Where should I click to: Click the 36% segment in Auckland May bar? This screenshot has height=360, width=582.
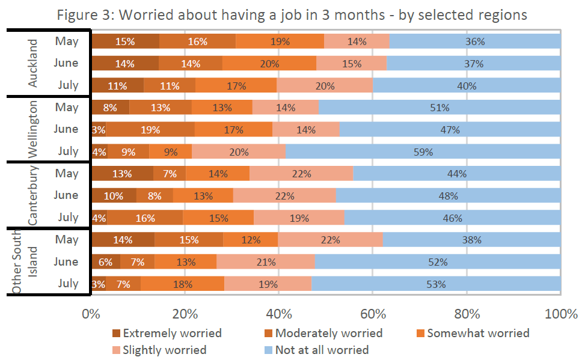tap(475, 41)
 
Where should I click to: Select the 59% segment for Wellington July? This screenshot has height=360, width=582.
tap(423, 152)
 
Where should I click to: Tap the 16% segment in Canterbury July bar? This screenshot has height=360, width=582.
tap(145, 218)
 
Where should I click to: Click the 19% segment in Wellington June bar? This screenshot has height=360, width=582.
tap(150, 130)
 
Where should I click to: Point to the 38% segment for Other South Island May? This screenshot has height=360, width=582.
tap(472, 240)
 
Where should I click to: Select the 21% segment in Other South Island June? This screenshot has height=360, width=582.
tap(265, 262)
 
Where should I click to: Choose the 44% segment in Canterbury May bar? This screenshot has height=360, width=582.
tap(457, 174)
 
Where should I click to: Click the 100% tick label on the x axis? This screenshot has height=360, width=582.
tap(560, 313)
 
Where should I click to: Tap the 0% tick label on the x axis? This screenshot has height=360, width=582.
tap(91, 313)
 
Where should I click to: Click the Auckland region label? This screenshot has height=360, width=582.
tap(32, 63)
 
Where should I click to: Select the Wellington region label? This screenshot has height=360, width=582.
tap(32, 129)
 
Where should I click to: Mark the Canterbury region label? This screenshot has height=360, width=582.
tap(32, 195)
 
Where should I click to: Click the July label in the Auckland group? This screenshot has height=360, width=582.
tap(67, 85)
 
